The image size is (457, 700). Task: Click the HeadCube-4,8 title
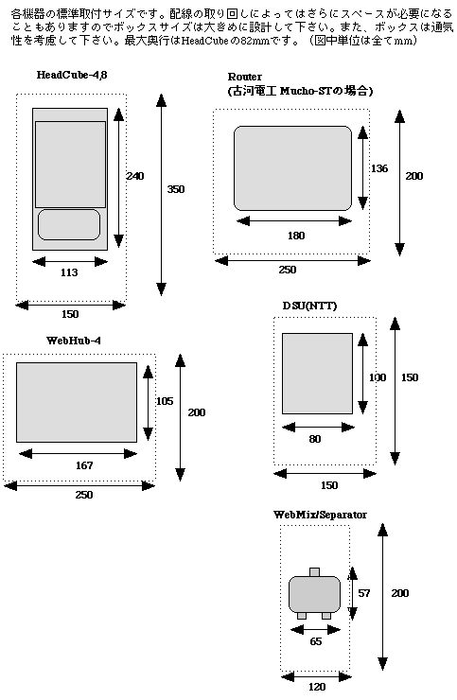[x=72, y=75]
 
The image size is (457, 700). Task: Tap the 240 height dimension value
[x=135, y=176]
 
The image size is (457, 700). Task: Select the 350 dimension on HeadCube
[x=176, y=189]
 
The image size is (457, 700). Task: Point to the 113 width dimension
[x=69, y=272]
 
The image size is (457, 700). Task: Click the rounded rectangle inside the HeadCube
[x=69, y=224]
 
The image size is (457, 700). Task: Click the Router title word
[x=245, y=77]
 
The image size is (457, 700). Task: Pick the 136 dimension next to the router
[x=379, y=168]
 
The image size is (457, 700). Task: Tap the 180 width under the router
[x=296, y=236]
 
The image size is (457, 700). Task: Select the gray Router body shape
[x=292, y=168]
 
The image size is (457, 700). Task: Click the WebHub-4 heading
[x=74, y=341]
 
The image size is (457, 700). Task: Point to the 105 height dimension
[x=165, y=401]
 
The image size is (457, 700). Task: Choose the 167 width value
[x=84, y=465]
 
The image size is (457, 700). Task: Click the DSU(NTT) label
[x=309, y=306]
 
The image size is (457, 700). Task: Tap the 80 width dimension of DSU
[x=315, y=439]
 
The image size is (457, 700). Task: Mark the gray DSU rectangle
[x=317, y=374]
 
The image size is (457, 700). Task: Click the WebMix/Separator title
[x=320, y=515]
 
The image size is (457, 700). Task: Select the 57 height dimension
[x=364, y=593]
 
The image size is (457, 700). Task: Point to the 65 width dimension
[x=316, y=641]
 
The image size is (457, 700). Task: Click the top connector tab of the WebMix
[x=314, y=572]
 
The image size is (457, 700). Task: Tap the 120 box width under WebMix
[x=317, y=687]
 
